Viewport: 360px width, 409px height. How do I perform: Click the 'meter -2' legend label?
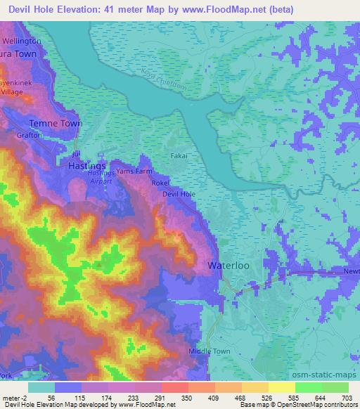point(13,397)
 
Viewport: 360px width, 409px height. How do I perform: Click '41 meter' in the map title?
point(125,9)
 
